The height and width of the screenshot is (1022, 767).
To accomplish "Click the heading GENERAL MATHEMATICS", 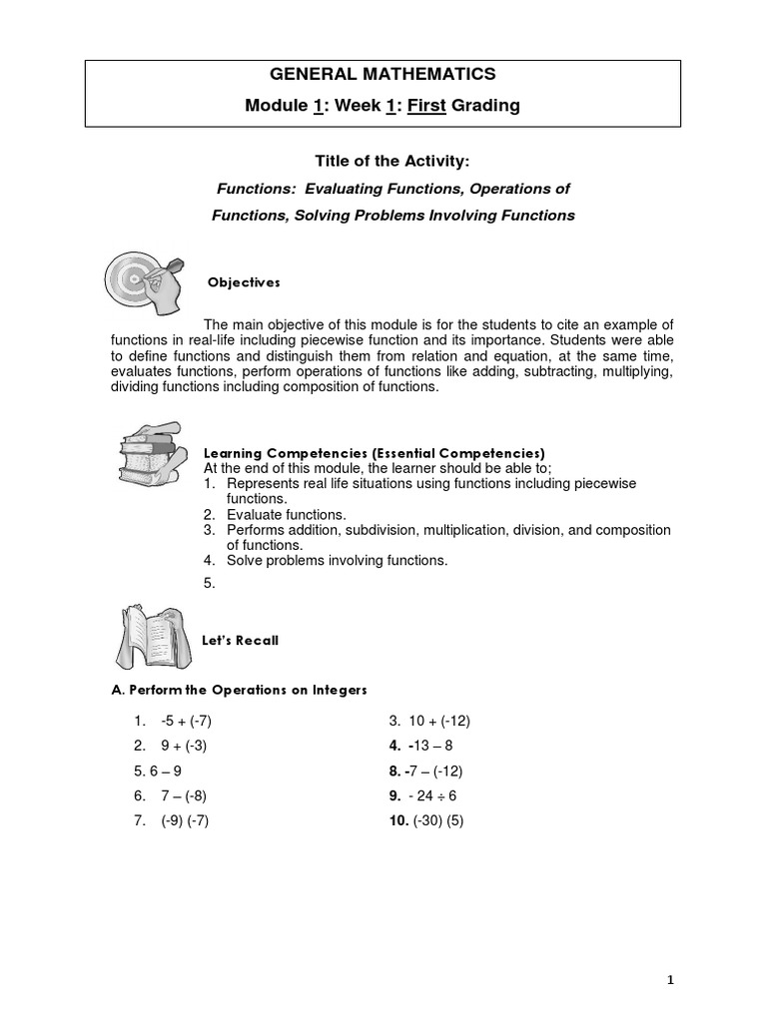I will [383, 73].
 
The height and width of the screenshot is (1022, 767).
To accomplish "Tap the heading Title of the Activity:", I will [383, 163].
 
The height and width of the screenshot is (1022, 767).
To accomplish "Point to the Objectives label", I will [244, 283].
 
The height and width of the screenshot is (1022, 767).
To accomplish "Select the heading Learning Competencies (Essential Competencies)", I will [374, 451].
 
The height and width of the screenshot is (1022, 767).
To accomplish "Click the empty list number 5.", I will [209, 584].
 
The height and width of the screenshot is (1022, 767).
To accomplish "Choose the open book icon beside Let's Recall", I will [148, 640].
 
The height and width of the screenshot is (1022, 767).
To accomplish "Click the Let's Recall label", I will [241, 641].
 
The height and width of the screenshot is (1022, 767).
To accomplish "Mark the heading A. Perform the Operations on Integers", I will [239, 690].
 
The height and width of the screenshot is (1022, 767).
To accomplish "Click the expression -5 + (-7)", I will [179, 721].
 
